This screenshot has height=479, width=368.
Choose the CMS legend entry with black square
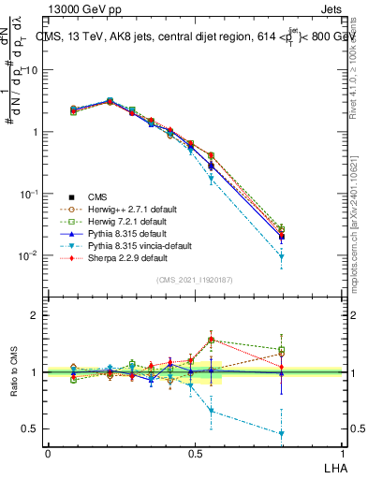pyautogui.click(x=98, y=196)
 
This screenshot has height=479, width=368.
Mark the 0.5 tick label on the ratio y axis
pyautogui.click(x=32, y=428)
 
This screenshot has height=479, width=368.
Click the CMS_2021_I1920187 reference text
pyautogui.click(x=195, y=279)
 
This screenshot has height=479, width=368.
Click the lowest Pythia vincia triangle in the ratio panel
pyautogui.click(x=282, y=433)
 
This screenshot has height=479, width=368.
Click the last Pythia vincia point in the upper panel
pyautogui.click(x=282, y=256)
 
